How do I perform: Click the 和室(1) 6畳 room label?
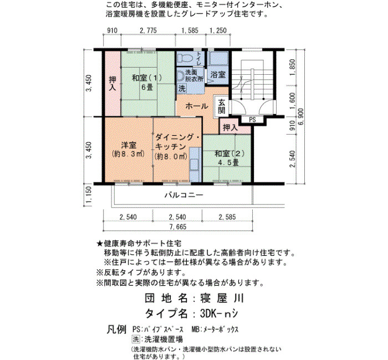pos(147,83)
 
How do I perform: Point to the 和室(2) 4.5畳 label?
pos(229,158)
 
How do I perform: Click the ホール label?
pos(197,106)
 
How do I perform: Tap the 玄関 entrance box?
pos(222,106)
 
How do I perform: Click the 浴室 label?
pos(218,74)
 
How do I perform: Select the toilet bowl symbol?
pos(185,58)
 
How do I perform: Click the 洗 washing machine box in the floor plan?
pos(182,88)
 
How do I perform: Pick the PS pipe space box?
pos(252,120)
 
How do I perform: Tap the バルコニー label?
pos(184,195)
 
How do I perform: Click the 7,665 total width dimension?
pos(178,227)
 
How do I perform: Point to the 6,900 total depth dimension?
pos(301,117)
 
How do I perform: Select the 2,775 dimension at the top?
pos(148,30)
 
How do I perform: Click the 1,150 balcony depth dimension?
pos(89,196)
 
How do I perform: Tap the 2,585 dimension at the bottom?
pos(227,217)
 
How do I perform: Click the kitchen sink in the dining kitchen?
pos(194,164)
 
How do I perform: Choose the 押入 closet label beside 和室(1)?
pos(113,83)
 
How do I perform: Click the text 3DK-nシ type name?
pos(219,314)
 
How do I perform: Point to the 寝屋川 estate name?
pos(222,299)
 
